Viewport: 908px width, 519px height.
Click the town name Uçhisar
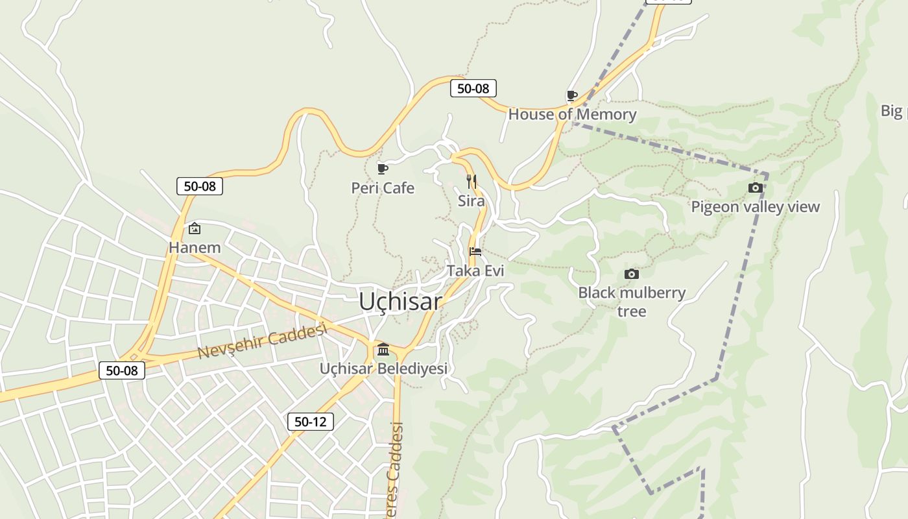point(400,302)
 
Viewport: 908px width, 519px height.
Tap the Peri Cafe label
point(383,188)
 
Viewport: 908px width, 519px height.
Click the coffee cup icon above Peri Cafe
point(383,169)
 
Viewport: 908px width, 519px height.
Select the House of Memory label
point(572,115)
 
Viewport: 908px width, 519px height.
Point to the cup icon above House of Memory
point(572,96)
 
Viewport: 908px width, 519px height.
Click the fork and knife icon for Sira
point(472,181)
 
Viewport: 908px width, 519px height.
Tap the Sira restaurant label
point(472,201)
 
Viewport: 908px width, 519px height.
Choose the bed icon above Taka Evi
point(475,252)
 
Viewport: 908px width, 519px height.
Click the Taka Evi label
point(475,271)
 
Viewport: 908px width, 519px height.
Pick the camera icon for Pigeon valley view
point(756,188)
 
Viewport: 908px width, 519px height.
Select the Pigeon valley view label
point(756,207)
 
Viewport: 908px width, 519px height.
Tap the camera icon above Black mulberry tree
point(632,274)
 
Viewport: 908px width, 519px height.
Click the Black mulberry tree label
point(632,302)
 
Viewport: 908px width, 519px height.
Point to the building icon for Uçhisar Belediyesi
point(383,350)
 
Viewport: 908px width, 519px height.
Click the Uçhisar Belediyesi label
point(383,368)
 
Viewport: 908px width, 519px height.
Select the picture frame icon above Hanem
point(194,228)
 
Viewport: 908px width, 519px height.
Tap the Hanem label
point(195,247)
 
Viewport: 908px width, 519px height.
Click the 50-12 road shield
point(311,422)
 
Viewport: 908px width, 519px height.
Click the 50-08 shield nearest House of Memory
point(473,88)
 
